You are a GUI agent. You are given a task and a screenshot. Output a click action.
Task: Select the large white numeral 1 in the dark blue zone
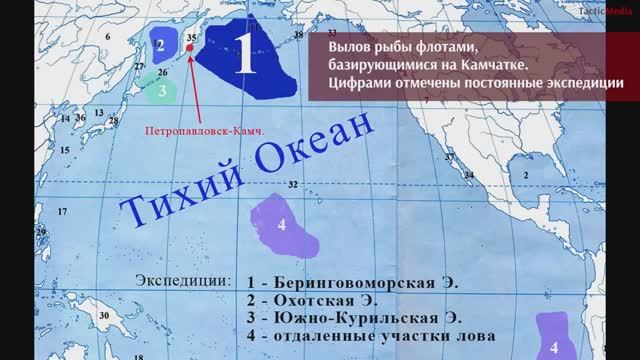pyautogui.click(x=245, y=58)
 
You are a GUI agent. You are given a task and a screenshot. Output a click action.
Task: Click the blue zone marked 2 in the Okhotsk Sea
pyautogui.click(x=160, y=45)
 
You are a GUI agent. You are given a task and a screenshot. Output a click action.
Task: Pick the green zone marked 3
pyautogui.click(x=161, y=90)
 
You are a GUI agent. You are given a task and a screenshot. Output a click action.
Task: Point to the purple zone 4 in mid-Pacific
pyautogui.click(x=283, y=225)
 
